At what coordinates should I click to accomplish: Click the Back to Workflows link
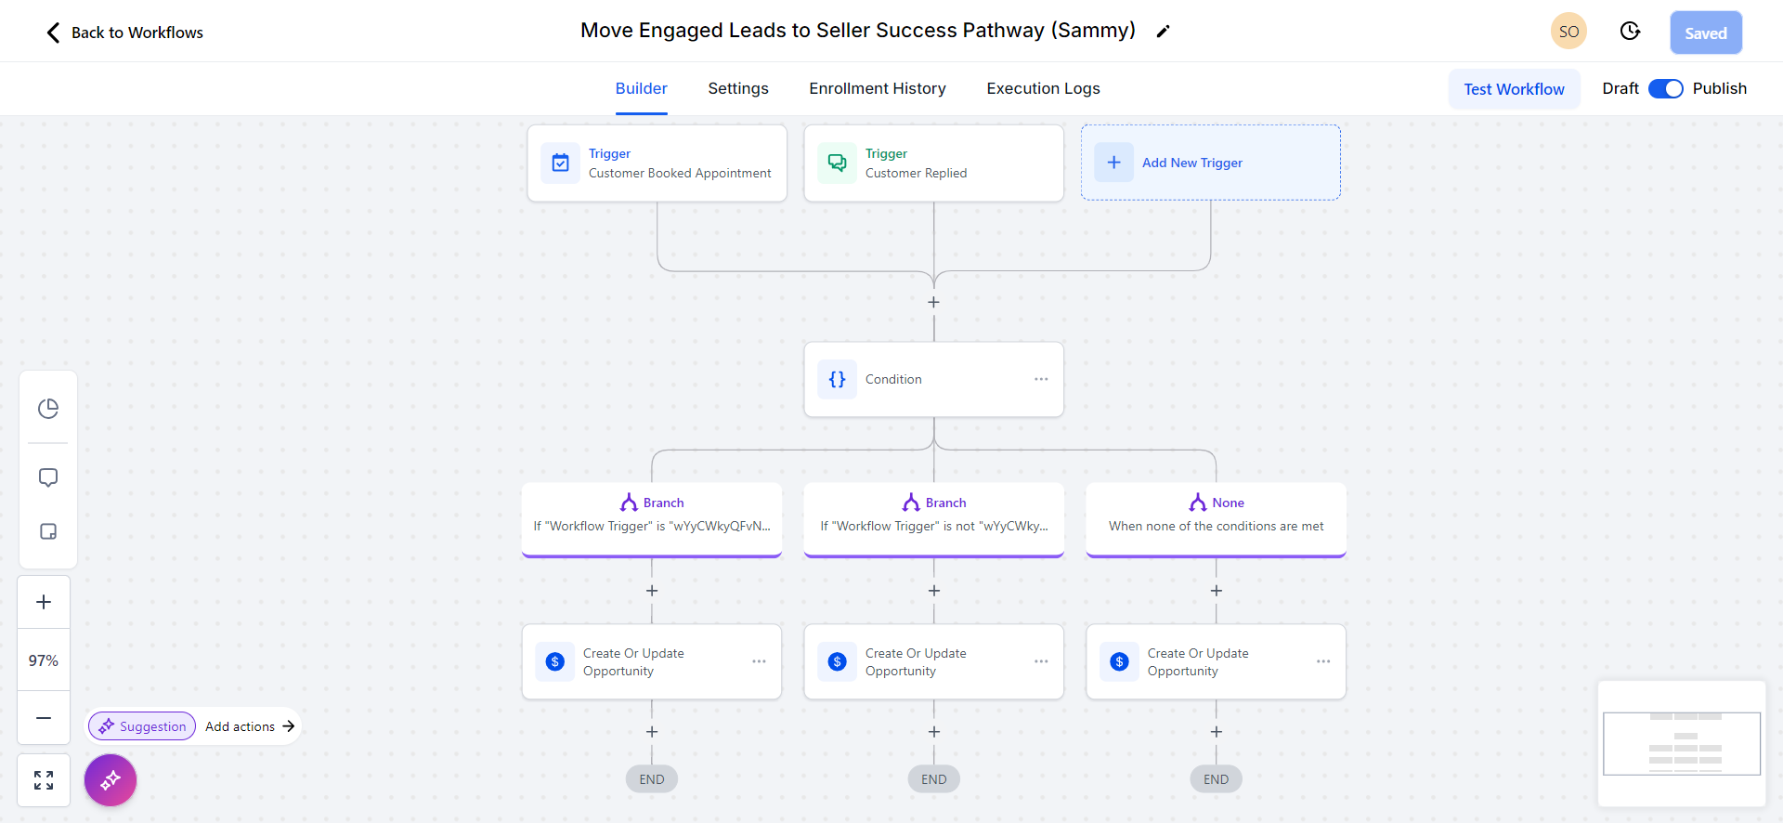pos(125,33)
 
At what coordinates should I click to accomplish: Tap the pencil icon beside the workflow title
pos(1163,32)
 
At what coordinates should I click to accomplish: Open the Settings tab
pos(738,88)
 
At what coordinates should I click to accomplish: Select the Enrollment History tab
pos(878,88)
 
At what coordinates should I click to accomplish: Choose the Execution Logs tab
pos(1043,88)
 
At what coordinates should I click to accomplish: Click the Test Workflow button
pos(1514,89)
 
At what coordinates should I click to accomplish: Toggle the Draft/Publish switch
pos(1665,88)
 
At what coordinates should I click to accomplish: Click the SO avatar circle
pos(1568,32)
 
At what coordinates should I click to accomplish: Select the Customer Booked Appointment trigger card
pos(657,163)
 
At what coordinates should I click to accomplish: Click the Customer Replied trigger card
pos(933,163)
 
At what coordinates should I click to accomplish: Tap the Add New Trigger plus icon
pos(1113,163)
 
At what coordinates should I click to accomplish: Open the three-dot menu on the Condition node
pos(1041,379)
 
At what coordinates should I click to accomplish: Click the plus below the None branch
pos(1217,591)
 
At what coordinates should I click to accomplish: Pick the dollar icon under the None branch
pos(1119,661)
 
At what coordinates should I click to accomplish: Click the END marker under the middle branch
pos(933,779)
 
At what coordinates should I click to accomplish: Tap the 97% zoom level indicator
pos(44,660)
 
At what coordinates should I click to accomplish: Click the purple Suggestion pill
pos(142,726)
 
